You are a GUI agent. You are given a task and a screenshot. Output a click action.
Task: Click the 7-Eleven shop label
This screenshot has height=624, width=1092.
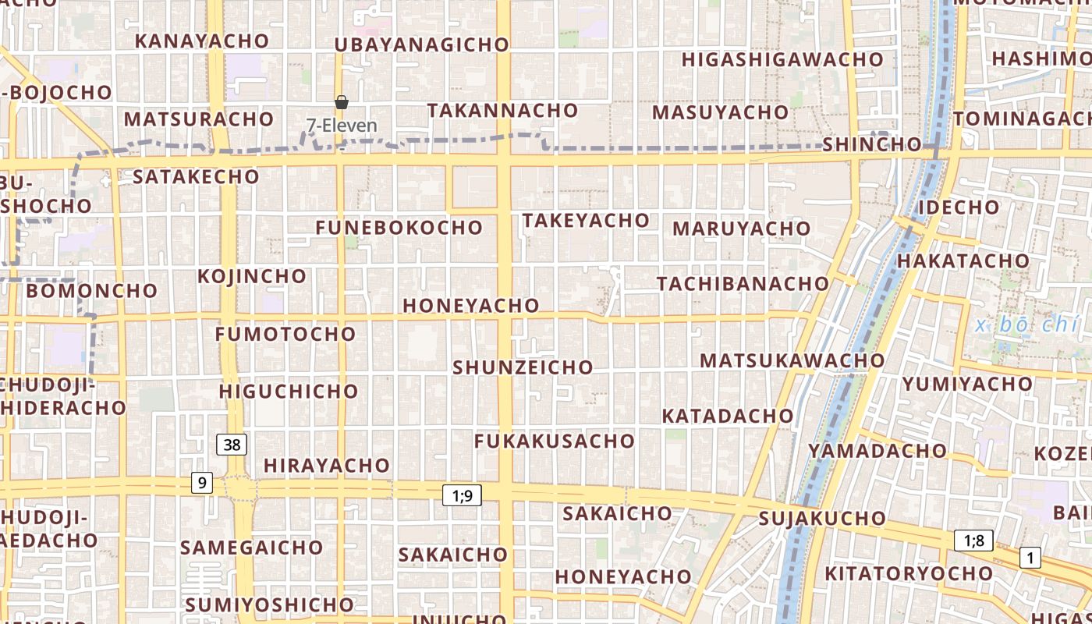click(x=342, y=126)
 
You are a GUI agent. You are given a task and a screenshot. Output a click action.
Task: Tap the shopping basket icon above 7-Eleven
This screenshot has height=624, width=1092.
click(x=341, y=102)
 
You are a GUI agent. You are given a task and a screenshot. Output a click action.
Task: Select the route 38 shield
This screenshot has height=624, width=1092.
click(x=232, y=445)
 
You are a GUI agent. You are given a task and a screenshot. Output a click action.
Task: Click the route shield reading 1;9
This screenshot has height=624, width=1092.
click(x=463, y=495)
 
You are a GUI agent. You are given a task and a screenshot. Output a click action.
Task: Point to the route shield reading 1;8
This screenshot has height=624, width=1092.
click(x=973, y=541)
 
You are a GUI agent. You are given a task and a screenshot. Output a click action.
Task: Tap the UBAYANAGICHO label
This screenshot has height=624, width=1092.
click(x=421, y=45)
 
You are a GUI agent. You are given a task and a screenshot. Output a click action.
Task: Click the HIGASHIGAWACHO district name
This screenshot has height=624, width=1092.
click(x=782, y=59)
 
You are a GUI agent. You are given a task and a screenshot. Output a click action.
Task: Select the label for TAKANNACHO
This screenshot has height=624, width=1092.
click(x=503, y=111)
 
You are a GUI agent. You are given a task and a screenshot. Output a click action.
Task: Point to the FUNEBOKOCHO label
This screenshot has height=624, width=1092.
click(x=399, y=228)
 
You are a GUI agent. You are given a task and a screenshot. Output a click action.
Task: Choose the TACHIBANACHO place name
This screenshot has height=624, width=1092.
click(x=743, y=284)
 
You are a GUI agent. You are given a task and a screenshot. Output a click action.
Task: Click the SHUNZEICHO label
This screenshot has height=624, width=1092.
click(x=523, y=367)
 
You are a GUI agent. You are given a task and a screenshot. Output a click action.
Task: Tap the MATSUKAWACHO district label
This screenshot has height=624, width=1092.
click(x=792, y=360)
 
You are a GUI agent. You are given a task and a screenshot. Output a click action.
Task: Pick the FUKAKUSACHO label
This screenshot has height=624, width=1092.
click(x=555, y=441)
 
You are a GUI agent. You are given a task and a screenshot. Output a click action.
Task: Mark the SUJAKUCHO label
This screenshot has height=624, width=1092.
click(x=822, y=518)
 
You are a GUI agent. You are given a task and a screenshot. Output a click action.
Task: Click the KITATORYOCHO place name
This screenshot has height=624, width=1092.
click(x=909, y=574)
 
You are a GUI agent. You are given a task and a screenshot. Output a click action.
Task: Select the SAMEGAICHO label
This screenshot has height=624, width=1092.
click(x=246, y=548)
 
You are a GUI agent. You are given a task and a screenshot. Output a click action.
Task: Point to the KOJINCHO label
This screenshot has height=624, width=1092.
click(x=252, y=276)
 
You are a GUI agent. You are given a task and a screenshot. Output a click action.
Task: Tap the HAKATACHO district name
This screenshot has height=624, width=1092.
click(x=963, y=261)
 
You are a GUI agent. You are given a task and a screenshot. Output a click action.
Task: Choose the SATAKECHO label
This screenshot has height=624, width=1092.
click(x=196, y=177)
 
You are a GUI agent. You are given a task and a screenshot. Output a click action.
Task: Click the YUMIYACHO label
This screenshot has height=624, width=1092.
click(x=967, y=384)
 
